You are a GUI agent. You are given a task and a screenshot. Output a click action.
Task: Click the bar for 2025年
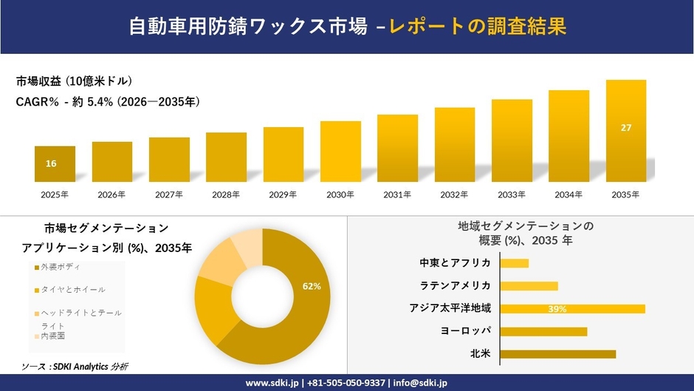tap(55, 164)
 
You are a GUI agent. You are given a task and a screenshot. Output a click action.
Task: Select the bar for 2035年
tap(625, 131)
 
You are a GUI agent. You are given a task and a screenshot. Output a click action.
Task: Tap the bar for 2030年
tap(340, 152)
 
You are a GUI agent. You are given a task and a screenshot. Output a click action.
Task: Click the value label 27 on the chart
tap(626, 128)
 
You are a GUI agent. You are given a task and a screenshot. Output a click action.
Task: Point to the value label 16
tap(51, 163)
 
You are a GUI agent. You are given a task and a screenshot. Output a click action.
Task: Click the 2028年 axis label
tap(226, 194)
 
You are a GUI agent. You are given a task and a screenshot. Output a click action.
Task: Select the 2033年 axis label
tap(512, 194)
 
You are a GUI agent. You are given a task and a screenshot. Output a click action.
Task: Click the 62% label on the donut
tap(312, 286)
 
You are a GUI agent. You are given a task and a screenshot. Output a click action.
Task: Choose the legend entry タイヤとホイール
tap(72, 289)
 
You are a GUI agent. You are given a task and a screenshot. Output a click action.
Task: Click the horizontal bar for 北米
tap(557, 354)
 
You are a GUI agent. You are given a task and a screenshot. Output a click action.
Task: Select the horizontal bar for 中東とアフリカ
tap(515, 263)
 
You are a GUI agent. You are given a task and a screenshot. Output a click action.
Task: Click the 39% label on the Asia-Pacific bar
tap(557, 309)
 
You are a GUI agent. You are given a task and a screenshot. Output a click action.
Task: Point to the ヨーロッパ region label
tap(465, 330)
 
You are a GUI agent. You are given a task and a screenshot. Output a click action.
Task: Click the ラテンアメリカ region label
tap(455, 285)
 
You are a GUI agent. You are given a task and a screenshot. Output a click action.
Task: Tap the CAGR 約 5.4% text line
tap(108, 102)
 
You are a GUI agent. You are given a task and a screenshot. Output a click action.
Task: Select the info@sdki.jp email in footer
tap(419, 383)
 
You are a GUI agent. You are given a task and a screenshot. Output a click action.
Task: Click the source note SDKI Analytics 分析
tap(75, 367)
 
